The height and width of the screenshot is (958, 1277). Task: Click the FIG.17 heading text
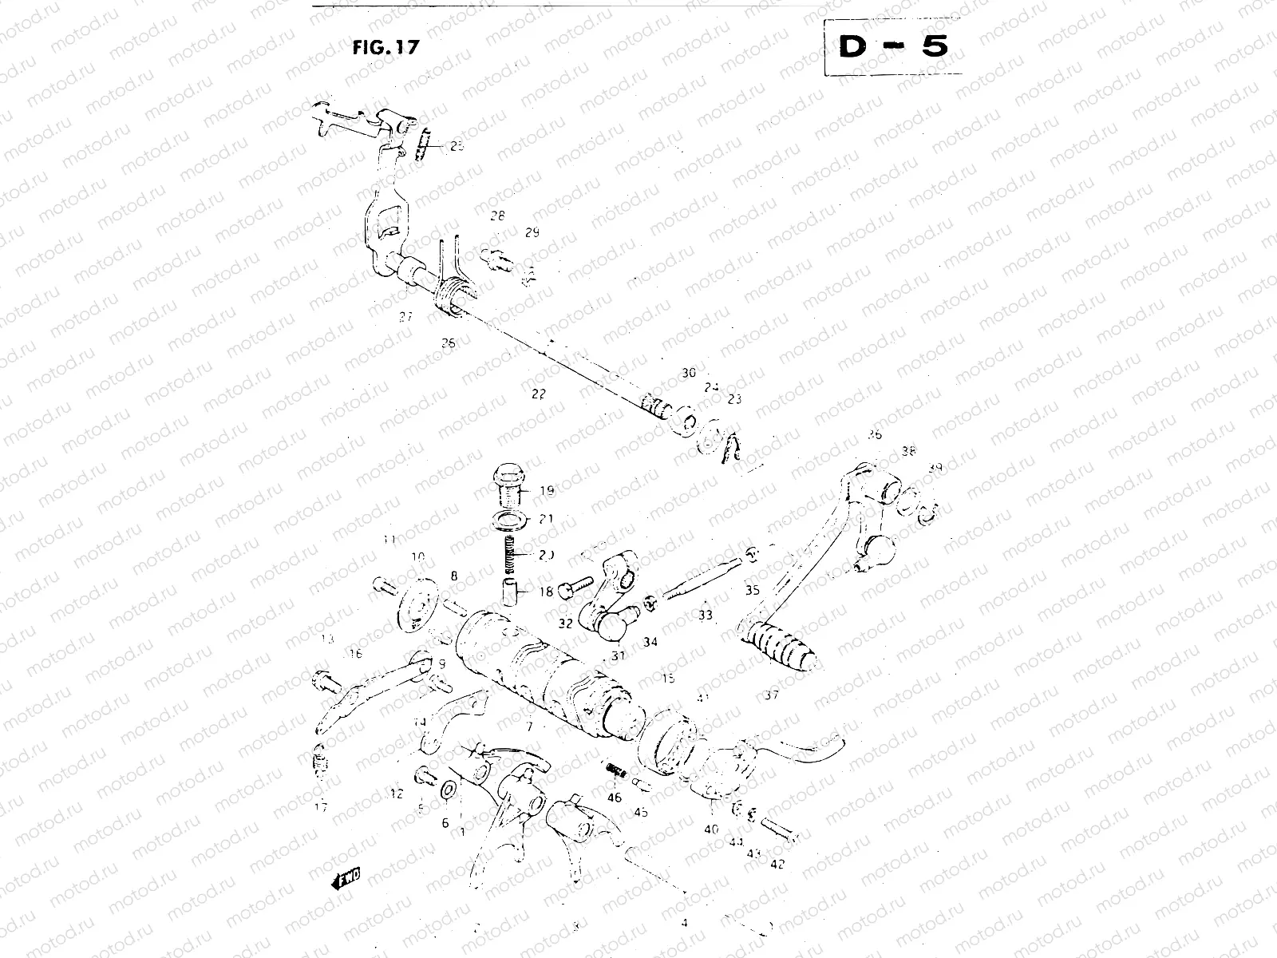pyautogui.click(x=385, y=46)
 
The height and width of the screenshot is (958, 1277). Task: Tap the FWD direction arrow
pyautogui.click(x=344, y=878)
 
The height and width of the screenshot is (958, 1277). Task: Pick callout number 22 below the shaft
pyautogui.click(x=538, y=394)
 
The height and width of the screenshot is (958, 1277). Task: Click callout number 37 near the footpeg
pyautogui.click(x=770, y=695)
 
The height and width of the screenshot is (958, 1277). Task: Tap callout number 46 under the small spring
pyautogui.click(x=615, y=797)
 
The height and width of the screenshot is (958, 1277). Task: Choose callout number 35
pyautogui.click(x=752, y=591)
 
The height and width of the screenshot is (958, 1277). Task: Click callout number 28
pyautogui.click(x=497, y=216)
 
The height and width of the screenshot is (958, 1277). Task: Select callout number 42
pyautogui.click(x=777, y=863)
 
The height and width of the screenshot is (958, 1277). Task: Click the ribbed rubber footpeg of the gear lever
pyautogui.click(x=779, y=645)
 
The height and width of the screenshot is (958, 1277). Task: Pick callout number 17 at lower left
pyautogui.click(x=321, y=807)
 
